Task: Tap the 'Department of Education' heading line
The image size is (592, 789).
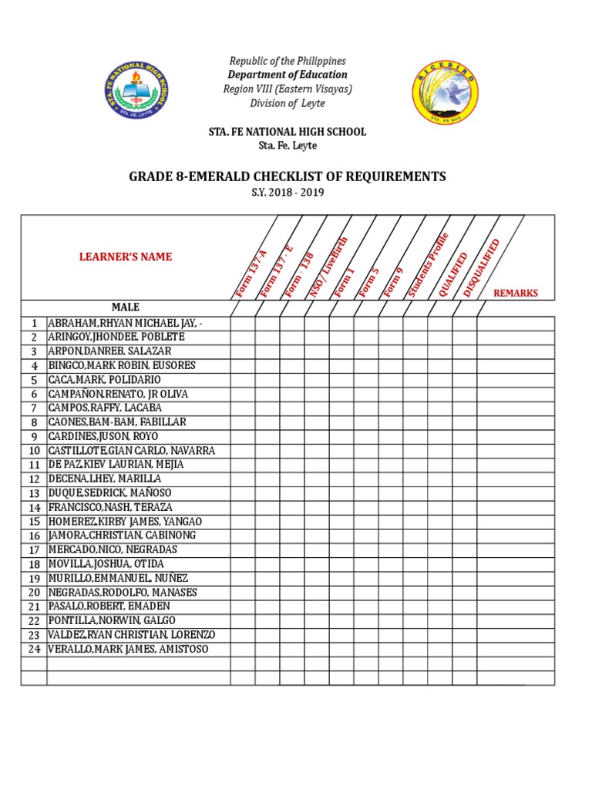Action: pos(288,75)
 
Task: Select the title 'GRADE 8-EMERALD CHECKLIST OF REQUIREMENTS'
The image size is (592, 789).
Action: pos(288,176)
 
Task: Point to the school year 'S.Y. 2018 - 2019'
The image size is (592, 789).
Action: pos(288,193)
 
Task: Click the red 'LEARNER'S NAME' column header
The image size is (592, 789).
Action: pos(126,257)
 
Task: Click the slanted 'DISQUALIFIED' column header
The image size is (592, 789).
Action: pos(483,267)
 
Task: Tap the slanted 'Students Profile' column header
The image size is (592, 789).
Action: pos(429,264)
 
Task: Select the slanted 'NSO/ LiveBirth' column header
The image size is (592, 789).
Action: pos(329,267)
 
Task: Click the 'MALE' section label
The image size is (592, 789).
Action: pos(125,307)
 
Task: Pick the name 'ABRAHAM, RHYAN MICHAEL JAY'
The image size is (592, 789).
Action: pos(127,323)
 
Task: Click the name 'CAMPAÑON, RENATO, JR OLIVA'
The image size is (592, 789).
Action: pos(118,394)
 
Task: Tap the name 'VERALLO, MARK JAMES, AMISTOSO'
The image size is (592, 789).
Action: pos(127,650)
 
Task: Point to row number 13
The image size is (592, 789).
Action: pos(34,493)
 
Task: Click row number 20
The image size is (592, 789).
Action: pos(34,593)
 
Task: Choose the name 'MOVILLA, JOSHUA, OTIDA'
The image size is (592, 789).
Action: pos(106,564)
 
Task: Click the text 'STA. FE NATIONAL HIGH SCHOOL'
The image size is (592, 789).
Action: pos(288,132)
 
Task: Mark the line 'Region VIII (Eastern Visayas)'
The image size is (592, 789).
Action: pos(288,89)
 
